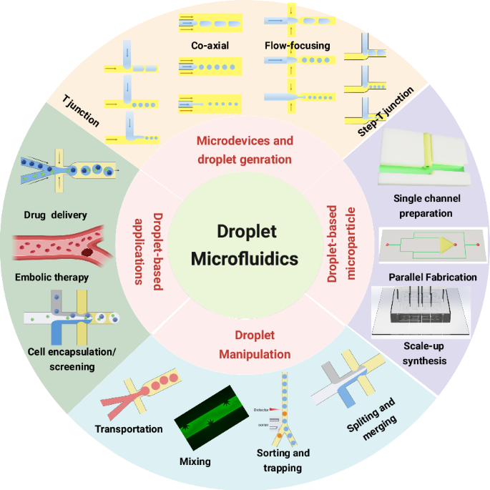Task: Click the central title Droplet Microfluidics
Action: click(244, 245)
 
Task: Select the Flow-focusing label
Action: click(297, 46)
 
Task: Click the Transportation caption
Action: click(129, 429)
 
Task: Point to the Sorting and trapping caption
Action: click(283, 461)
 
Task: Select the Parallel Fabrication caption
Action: click(433, 277)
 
